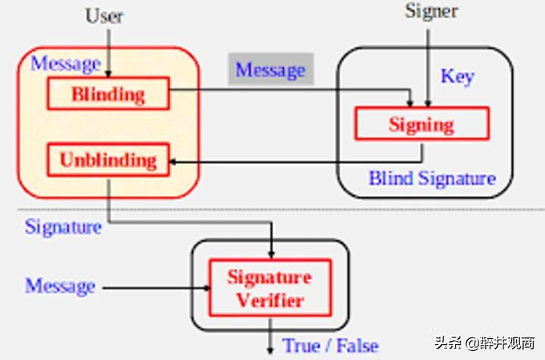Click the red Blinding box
(108, 93)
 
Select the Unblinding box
(108, 160)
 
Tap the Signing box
(422, 123)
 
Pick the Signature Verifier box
(270, 288)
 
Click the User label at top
(104, 16)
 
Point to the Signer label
(431, 12)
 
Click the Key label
(457, 76)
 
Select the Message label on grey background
(271, 70)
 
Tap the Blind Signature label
(432, 178)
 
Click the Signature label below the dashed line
(64, 228)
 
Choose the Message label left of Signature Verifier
(60, 286)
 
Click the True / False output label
(330, 346)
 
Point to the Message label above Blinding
(66, 64)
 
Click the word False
(357, 346)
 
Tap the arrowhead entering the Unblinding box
(173, 162)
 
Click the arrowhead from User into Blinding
(108, 74)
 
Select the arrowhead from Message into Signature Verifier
(207, 288)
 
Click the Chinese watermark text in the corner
(484, 343)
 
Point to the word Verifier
(270, 300)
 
